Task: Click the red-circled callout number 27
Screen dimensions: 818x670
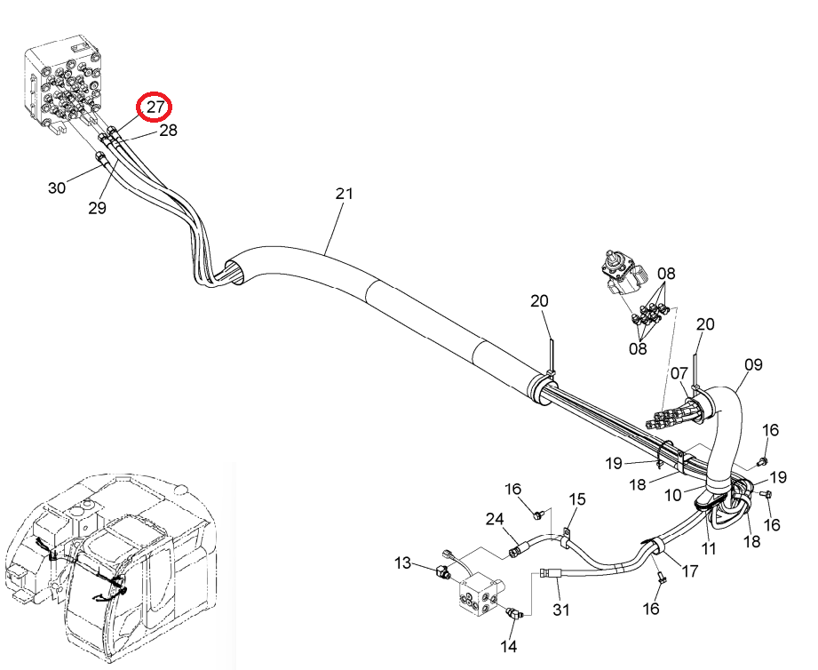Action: pyautogui.click(x=155, y=107)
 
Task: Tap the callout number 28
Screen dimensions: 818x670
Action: pyautogui.click(x=168, y=130)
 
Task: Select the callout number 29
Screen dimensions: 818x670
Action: pyautogui.click(x=97, y=208)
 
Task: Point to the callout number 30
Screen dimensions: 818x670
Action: pyautogui.click(x=57, y=187)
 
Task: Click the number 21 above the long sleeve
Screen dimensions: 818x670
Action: pyautogui.click(x=345, y=194)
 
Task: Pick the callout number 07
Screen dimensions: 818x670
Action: pyautogui.click(x=679, y=373)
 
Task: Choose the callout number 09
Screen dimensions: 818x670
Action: pyautogui.click(x=753, y=364)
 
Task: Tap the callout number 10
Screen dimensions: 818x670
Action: pyautogui.click(x=673, y=495)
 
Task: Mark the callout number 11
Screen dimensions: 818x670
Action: pyautogui.click(x=709, y=548)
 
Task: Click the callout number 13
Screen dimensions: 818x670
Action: pyautogui.click(x=402, y=563)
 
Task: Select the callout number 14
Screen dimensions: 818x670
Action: pyautogui.click(x=509, y=646)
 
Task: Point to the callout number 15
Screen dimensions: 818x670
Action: pyautogui.click(x=577, y=499)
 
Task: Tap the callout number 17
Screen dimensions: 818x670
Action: pyautogui.click(x=690, y=571)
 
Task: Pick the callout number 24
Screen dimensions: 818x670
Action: pyautogui.click(x=495, y=519)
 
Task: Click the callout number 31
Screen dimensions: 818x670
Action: pyautogui.click(x=560, y=610)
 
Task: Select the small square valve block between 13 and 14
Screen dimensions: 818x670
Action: pyautogui.click(x=480, y=595)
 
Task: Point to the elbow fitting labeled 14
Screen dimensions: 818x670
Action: pyautogui.click(x=514, y=614)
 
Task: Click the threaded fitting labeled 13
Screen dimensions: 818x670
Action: pyautogui.click(x=442, y=571)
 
